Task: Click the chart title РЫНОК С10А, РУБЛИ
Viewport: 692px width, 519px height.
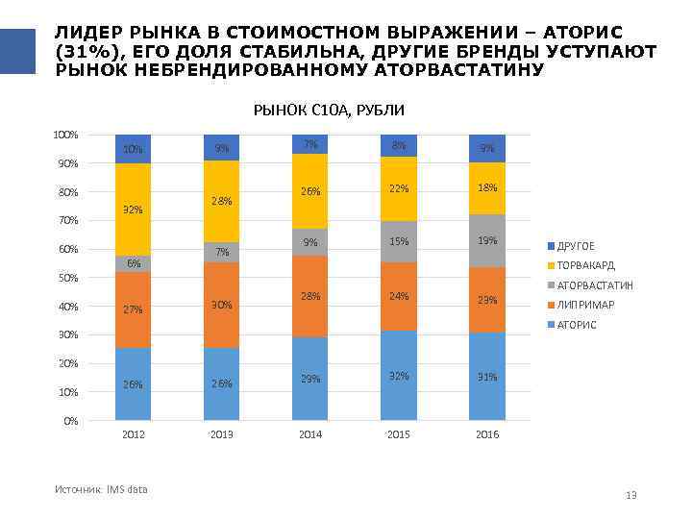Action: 315,111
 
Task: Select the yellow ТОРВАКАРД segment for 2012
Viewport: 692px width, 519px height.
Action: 133,210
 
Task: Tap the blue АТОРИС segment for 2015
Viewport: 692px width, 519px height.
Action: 399,376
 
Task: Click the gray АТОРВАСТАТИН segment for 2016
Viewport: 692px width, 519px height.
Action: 487,241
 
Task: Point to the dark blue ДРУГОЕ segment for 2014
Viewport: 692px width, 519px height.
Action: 310,144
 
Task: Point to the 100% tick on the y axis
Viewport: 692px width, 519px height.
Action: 66,135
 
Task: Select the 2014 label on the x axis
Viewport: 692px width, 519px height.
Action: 310,434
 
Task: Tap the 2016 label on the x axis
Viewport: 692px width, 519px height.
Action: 487,434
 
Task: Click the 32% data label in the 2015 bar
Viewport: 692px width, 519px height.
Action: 399,376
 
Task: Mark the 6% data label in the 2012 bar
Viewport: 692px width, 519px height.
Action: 134,262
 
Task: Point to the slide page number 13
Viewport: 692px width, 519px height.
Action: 631,495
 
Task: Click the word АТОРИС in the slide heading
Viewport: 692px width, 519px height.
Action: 597,31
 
